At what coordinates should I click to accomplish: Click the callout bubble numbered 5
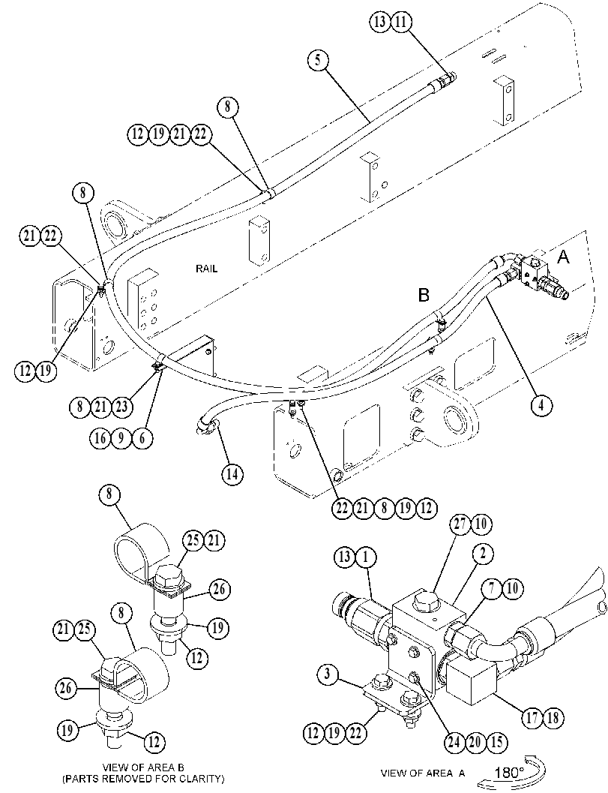coord(317,60)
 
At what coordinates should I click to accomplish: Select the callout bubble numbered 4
coord(541,406)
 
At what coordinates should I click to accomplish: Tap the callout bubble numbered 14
coord(232,474)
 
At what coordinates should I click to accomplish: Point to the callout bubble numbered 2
coord(483,554)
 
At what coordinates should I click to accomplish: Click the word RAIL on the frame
coord(207,269)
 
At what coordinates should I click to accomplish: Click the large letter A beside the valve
coord(563,257)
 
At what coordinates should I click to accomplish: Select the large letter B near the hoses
coord(424,295)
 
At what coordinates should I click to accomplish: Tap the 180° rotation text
coord(510,772)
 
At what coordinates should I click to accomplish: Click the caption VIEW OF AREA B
coord(143,767)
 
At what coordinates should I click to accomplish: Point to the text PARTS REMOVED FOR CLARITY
coord(143,778)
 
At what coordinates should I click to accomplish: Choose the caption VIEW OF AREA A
coord(423,773)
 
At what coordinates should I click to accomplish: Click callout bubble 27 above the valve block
coord(460,524)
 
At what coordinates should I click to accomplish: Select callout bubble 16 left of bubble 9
coord(100,438)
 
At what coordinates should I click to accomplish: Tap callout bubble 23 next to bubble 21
coord(121,407)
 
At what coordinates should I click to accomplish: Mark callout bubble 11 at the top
coord(402,23)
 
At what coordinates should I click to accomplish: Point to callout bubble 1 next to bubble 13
coord(365,557)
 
